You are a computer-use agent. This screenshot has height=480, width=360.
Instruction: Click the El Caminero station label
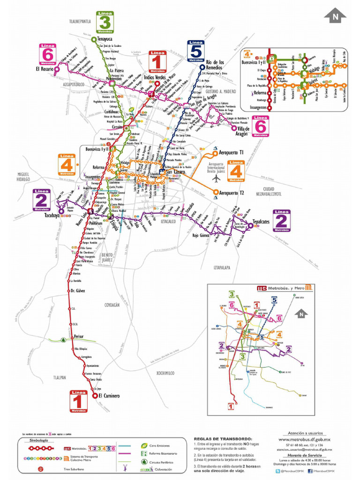[109, 396]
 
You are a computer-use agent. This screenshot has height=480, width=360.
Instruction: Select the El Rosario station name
[44, 69]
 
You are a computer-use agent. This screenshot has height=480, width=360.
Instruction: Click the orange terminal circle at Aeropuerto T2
[216, 192]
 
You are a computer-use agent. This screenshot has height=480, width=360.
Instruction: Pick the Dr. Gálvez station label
[77, 291]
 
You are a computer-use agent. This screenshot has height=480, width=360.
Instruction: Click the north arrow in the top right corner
[335, 15]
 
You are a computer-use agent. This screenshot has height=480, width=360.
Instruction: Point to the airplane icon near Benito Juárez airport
[216, 179]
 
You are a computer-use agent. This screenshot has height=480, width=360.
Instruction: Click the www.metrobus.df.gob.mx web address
[305, 440]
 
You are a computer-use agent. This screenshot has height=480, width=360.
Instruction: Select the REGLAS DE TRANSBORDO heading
[222, 438]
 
